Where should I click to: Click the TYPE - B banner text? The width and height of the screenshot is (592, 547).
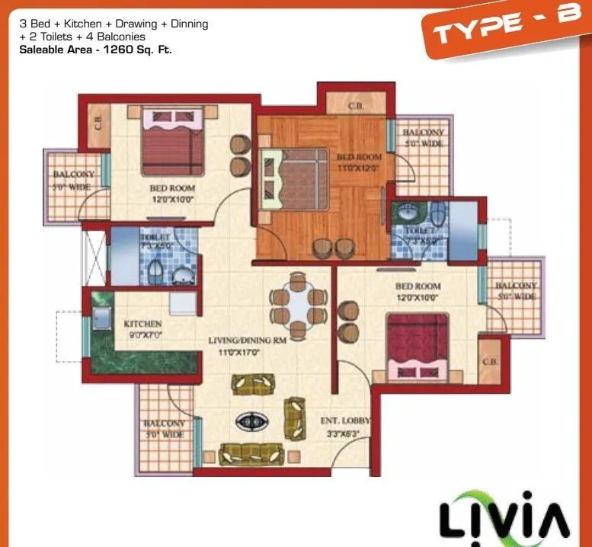[504, 27]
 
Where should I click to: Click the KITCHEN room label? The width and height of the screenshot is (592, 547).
[142, 324]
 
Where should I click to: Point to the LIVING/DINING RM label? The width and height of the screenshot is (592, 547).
[247, 341]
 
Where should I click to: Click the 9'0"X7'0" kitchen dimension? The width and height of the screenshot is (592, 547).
[142, 334]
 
